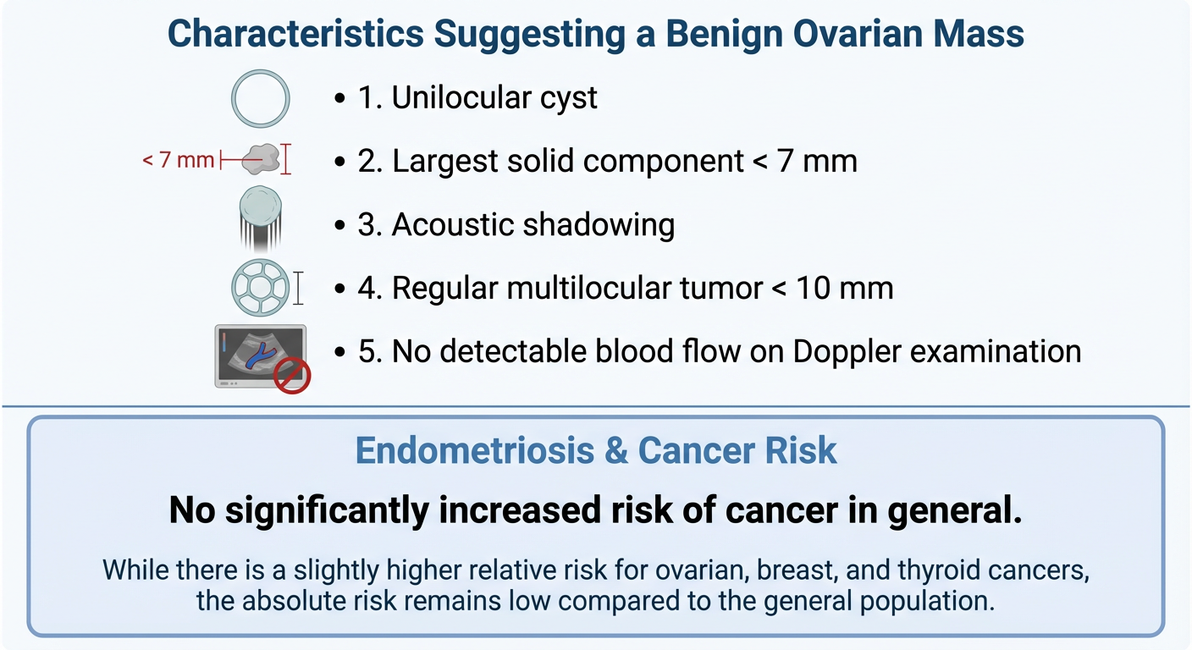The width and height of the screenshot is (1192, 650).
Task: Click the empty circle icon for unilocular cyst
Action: coord(261,98)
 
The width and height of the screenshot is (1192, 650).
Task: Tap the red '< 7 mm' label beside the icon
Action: coord(178,159)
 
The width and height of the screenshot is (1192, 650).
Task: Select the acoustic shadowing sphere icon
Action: coord(261,208)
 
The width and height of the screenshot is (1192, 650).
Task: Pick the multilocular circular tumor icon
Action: coord(260,288)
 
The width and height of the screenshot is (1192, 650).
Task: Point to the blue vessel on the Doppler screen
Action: coord(259,355)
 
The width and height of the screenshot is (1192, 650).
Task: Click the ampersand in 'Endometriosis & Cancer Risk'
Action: coord(615,451)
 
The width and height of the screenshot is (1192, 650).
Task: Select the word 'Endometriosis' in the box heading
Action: coord(475,451)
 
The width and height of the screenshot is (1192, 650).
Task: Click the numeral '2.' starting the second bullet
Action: coord(370,161)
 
